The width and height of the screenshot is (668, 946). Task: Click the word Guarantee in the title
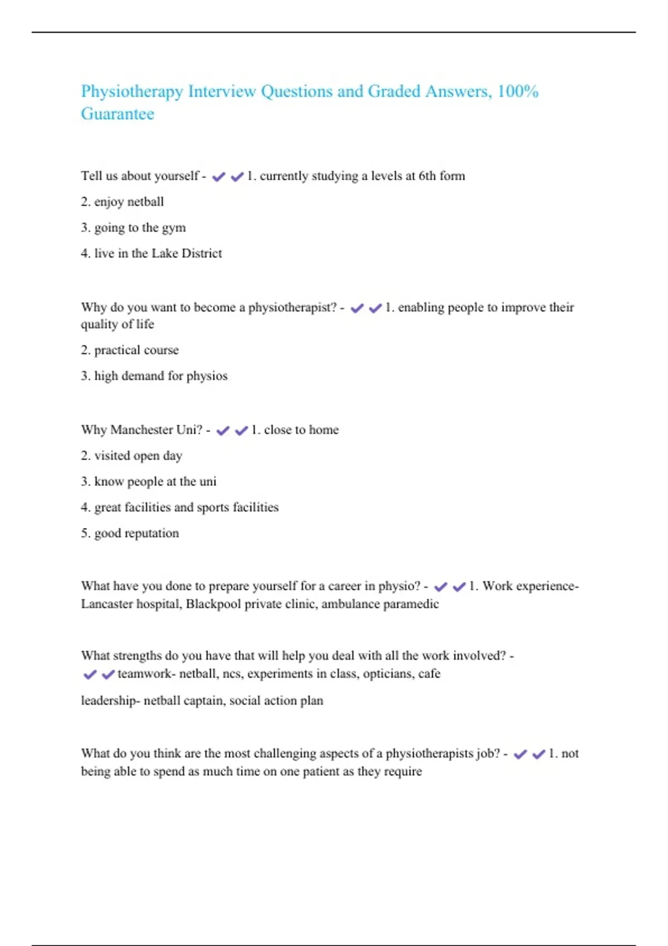tap(117, 114)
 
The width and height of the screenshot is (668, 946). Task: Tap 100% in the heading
tap(518, 91)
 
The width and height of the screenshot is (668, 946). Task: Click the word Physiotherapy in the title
tap(132, 92)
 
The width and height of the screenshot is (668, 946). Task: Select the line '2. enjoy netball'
tap(122, 201)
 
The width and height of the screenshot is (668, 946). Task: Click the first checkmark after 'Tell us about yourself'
tap(219, 177)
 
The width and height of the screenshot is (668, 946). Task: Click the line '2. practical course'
tap(130, 350)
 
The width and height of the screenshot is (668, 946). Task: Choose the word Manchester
tap(141, 430)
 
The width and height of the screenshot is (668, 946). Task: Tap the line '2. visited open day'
tap(131, 456)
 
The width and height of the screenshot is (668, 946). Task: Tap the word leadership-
tap(110, 701)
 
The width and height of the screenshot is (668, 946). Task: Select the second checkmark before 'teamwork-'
tap(108, 674)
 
